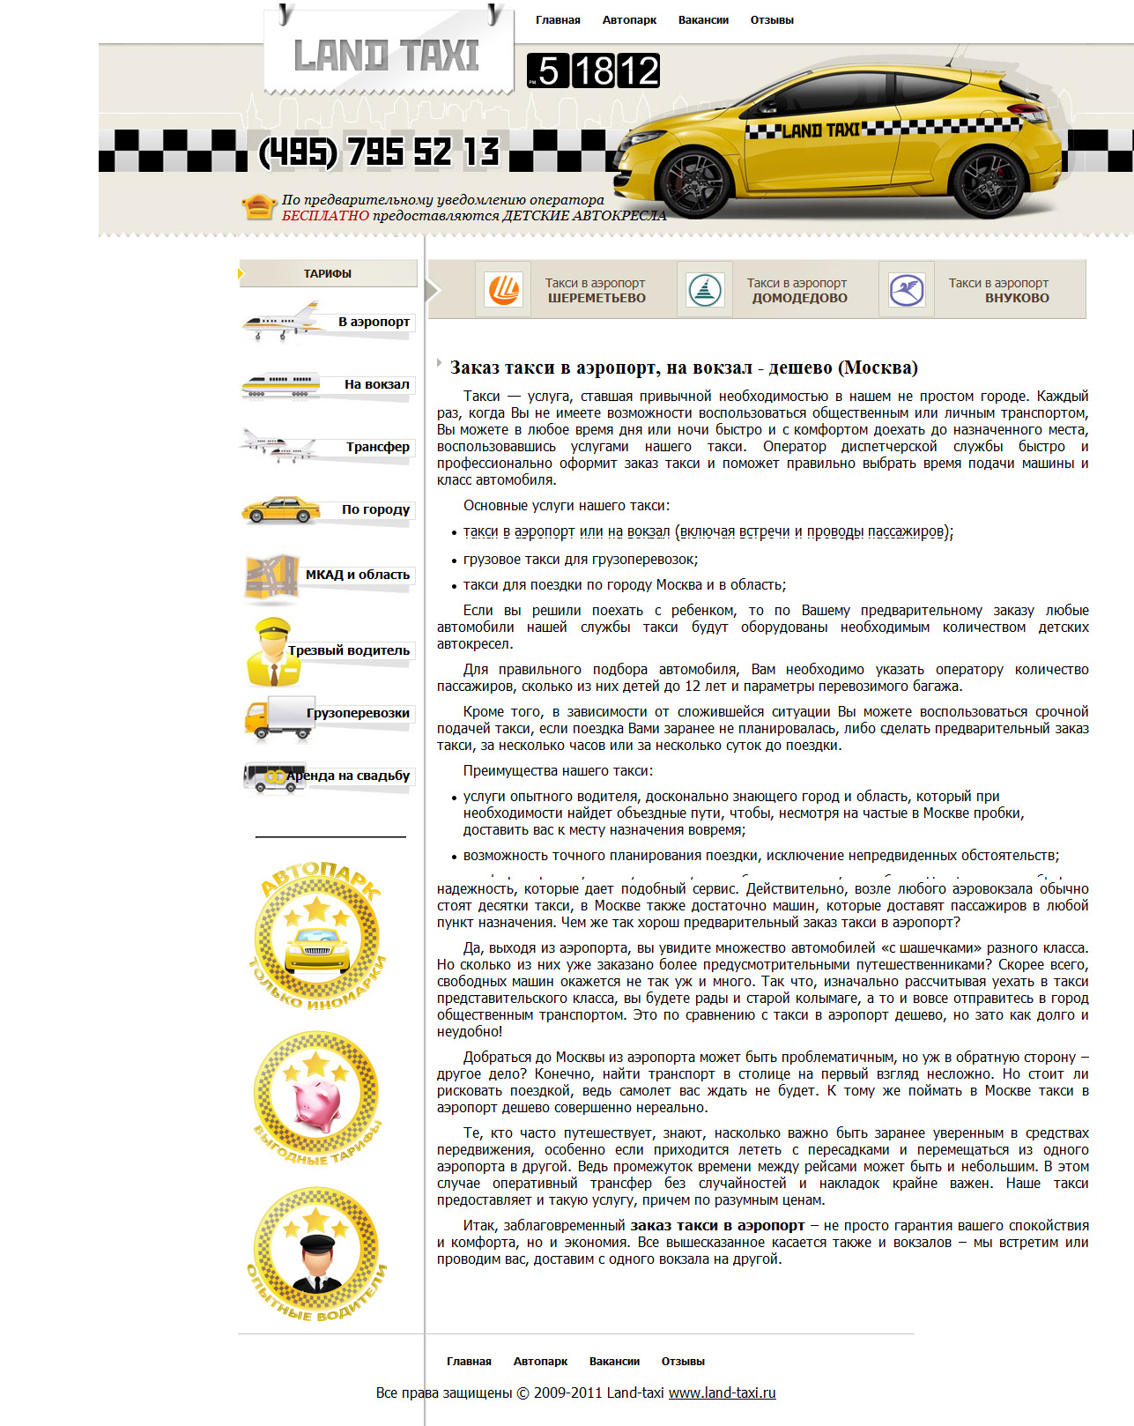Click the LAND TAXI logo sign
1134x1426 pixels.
[386, 56]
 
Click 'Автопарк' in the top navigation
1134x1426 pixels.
[629, 20]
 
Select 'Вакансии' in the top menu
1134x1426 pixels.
[703, 20]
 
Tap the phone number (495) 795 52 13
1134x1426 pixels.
[379, 152]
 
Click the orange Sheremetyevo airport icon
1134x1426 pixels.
[503, 289]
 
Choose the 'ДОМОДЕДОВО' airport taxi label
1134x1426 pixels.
[799, 298]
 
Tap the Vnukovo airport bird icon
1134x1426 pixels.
[906, 289]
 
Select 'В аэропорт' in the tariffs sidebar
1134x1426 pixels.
[374, 322]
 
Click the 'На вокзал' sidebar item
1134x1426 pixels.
[376, 384]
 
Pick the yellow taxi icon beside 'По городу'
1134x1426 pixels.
[281, 509]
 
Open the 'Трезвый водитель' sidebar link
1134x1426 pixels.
[349, 650]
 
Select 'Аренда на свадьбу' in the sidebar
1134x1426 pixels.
[348, 776]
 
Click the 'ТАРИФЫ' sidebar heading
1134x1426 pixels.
[328, 273]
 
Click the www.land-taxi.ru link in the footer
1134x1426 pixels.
[722, 1393]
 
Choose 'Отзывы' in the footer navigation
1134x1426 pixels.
[683, 1361]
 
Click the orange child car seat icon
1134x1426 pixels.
[258, 207]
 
